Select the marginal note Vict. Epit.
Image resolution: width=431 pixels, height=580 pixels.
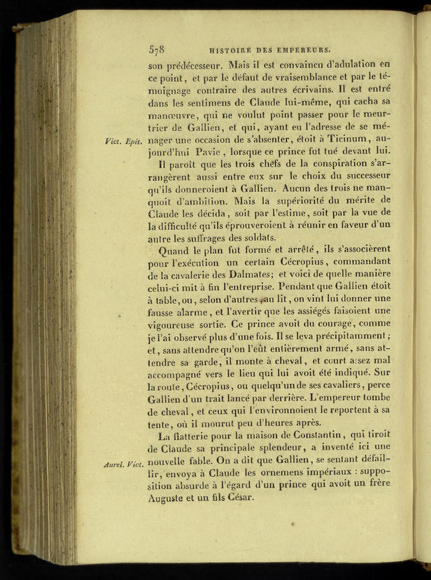(x=123, y=141)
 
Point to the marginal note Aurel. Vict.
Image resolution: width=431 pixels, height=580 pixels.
(x=123, y=464)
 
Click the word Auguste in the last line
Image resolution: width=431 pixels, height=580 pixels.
(x=171, y=499)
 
